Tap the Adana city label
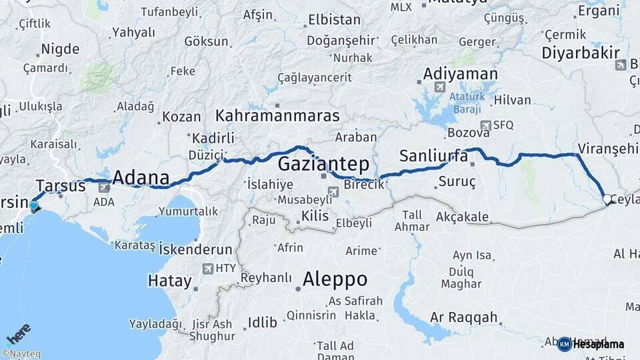tap(140, 178)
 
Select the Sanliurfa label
tap(433, 157)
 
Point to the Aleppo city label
tap(335, 279)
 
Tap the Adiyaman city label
tap(460, 74)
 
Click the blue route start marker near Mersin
tap(34, 206)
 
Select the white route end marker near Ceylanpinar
tap(607, 199)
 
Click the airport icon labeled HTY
tap(207, 269)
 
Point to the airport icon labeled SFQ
tap(485, 125)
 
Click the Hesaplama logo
tap(591, 344)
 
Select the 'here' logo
tap(18, 333)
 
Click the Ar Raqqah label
tap(464, 317)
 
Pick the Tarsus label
tap(61, 185)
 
